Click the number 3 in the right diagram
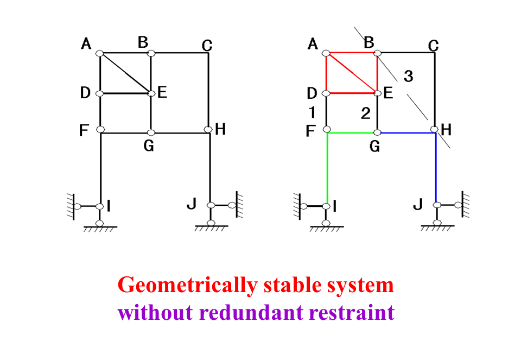408,77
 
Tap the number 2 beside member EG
366,113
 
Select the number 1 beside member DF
311,112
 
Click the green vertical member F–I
327,168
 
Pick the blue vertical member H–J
436,168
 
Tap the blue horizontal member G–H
407,132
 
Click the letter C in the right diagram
433,45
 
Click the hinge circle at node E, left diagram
151,93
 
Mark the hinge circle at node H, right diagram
434,129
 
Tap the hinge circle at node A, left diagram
100,53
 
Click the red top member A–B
352,53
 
